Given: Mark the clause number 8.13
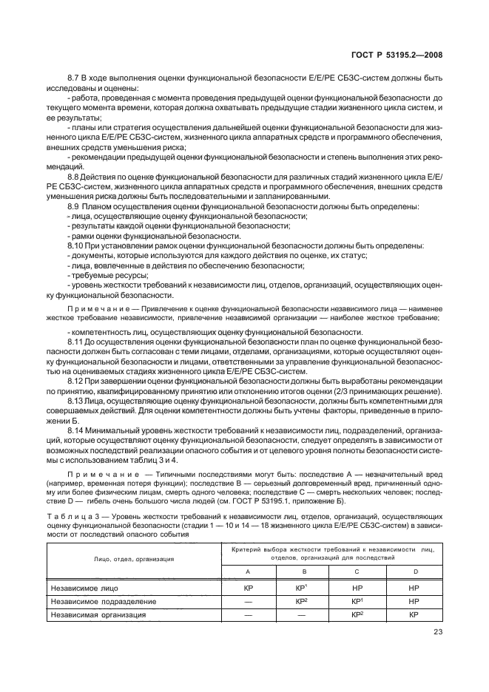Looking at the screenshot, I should pyautogui.click(x=77, y=400).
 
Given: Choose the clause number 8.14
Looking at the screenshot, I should pyautogui.click(x=77, y=429).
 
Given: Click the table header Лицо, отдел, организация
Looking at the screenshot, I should pyautogui.click(x=133, y=559).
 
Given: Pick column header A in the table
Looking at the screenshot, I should pyautogui.click(x=249, y=571).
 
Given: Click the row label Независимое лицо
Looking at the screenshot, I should pyautogui.click(x=84, y=589).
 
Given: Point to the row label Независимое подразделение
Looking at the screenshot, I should pyautogui.click(x=101, y=602).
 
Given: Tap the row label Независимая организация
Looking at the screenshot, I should pyautogui.click(x=97, y=614).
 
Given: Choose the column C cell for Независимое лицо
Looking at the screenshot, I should pyautogui.click(x=359, y=589).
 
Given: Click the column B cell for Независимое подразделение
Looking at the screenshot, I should pyautogui.click(x=303, y=602).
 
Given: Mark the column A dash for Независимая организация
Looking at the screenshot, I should pyautogui.click(x=249, y=614).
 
